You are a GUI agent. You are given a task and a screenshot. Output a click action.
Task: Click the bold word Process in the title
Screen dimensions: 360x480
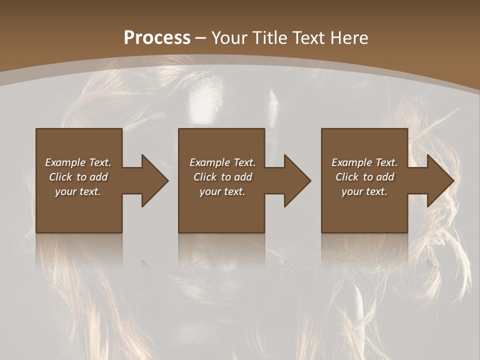(x=157, y=38)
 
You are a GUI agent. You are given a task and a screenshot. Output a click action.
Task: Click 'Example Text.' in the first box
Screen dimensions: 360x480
(x=78, y=162)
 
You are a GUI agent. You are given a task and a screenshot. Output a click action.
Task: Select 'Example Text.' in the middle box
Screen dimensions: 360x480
(x=222, y=162)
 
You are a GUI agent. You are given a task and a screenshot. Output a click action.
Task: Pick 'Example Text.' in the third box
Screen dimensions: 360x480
(x=364, y=162)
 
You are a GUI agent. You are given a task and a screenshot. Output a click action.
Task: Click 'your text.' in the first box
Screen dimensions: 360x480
(x=78, y=191)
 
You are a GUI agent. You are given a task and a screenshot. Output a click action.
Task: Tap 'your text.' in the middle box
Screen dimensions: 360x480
(x=222, y=191)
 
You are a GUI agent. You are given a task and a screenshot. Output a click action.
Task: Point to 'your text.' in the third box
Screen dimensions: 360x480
(x=364, y=191)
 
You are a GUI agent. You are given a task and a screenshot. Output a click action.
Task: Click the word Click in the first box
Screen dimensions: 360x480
(x=60, y=177)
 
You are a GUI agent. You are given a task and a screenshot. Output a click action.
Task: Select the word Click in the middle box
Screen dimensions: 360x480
(x=205, y=177)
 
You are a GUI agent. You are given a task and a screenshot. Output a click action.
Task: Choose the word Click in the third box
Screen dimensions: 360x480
(x=347, y=177)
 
